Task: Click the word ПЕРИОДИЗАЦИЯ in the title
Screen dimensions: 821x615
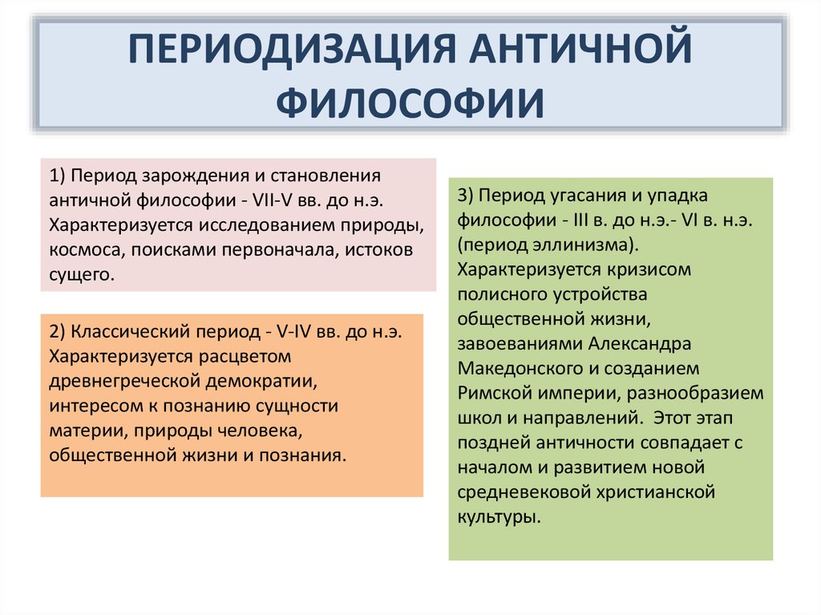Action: coord(293,48)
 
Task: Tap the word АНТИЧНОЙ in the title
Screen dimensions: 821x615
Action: coord(580,47)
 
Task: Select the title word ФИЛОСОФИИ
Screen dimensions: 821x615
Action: coord(410,102)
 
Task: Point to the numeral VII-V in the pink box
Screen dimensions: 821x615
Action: coord(273,200)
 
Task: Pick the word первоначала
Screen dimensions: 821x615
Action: coord(279,250)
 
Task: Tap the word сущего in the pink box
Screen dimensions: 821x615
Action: coord(81,274)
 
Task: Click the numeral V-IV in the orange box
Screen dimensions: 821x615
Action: coord(293,332)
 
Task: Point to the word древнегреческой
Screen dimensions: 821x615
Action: coord(123,381)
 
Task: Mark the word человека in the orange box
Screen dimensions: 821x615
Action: coord(261,431)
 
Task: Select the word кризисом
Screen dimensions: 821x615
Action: coord(649,269)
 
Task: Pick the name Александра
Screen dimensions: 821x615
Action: coord(640,344)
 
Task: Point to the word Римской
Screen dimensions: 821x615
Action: coord(495,393)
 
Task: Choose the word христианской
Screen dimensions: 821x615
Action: coord(650,492)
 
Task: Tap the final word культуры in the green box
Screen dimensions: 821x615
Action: coord(499,517)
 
